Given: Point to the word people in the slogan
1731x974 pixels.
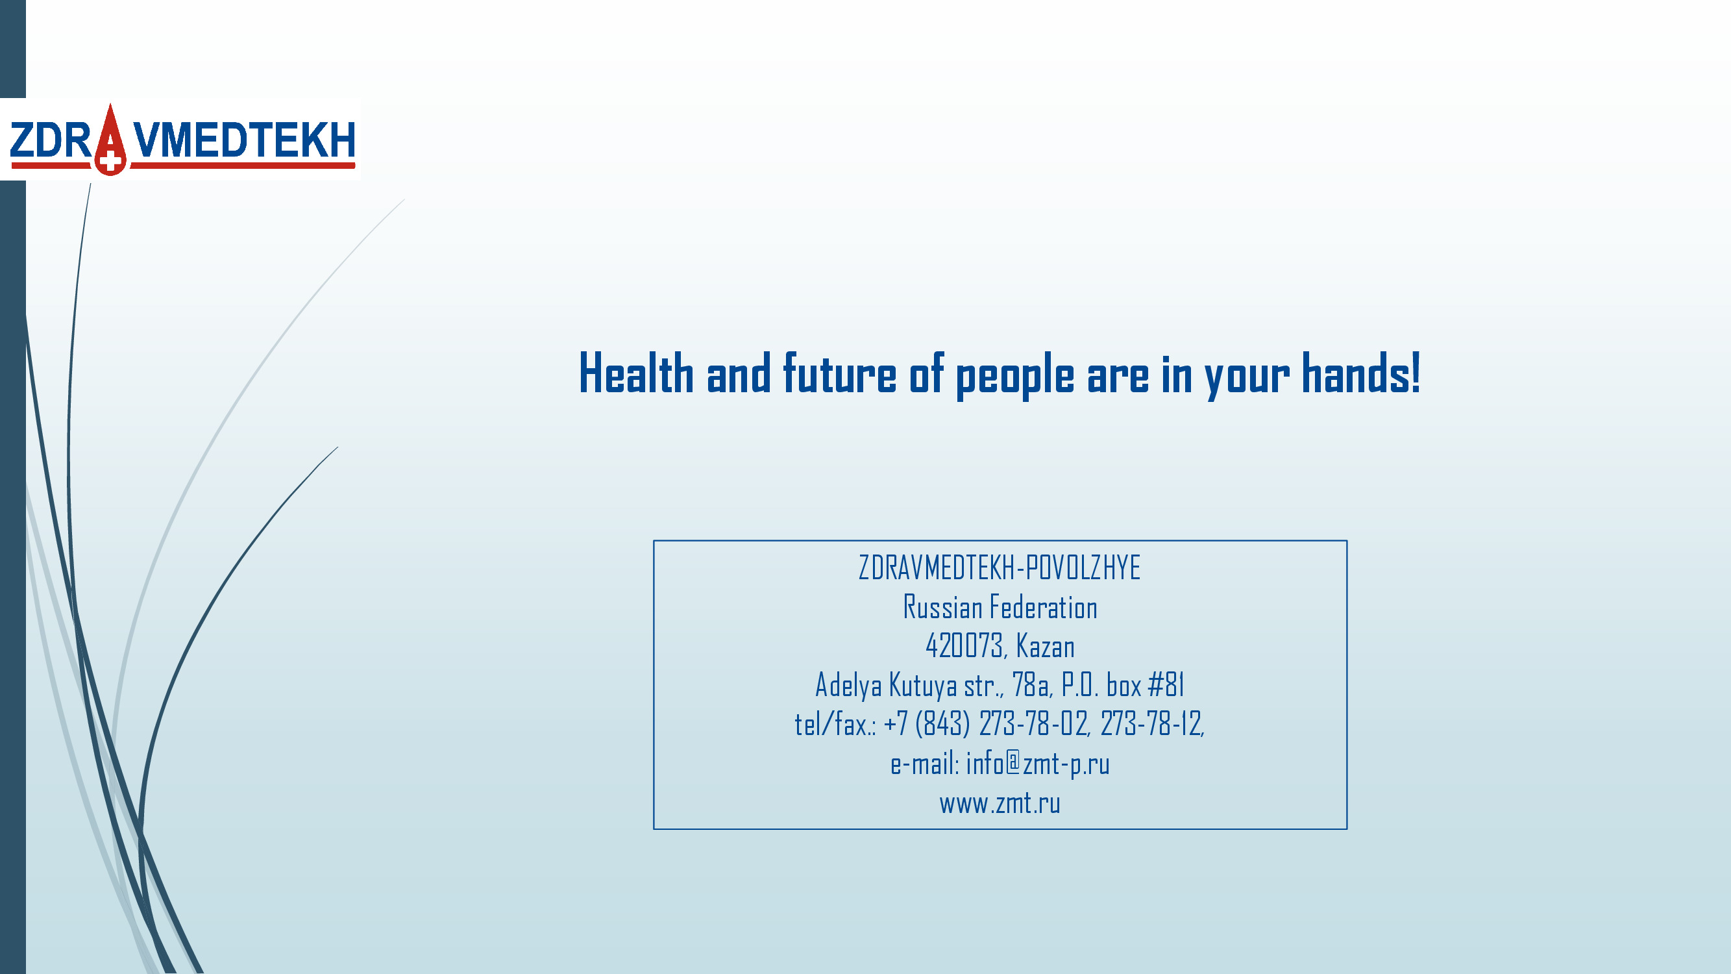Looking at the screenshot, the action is coord(1014,377).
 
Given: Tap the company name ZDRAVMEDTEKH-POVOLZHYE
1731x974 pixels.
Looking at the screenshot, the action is coord(1000,568).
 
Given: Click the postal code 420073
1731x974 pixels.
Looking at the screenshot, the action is coord(964,646).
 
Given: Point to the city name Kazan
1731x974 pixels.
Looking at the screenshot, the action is coord(1046,646).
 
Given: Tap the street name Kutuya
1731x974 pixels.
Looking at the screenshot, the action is coord(924,686).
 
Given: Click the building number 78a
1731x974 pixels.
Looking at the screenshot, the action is coord(1031,686).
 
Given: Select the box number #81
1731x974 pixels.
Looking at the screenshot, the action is coord(1166,685).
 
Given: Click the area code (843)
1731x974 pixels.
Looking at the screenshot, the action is coord(943,725).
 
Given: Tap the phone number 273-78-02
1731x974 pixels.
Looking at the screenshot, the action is coord(1033,725).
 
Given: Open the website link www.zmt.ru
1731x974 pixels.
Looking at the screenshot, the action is coord(1000,803).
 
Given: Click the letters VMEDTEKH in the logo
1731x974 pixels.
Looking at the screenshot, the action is coord(243,140).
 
